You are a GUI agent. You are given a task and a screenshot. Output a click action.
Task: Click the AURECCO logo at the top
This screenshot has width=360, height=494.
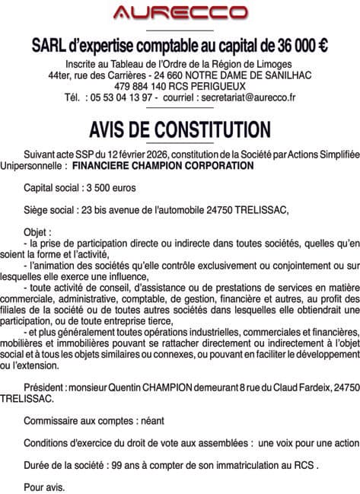pos(180,13)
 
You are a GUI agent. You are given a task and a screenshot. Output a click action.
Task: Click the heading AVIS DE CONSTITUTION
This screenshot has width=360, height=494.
pos(180,127)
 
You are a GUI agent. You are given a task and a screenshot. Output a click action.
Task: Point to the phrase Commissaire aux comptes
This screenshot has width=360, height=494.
pos(78,420)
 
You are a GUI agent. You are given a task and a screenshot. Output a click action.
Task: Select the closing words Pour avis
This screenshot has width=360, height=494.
pos(45,486)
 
